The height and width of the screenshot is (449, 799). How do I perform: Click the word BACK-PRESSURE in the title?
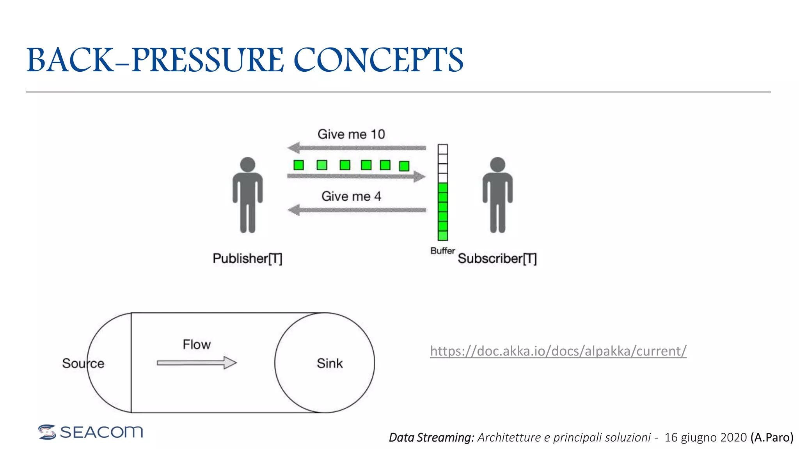(x=155, y=60)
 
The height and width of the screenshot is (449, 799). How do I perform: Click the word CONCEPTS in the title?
(x=378, y=60)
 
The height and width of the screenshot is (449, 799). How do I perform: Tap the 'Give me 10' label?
(x=351, y=134)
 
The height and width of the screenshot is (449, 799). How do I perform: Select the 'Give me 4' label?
(x=351, y=196)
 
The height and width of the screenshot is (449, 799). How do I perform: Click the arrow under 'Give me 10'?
(x=357, y=148)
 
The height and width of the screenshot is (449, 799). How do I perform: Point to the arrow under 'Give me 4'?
(x=357, y=210)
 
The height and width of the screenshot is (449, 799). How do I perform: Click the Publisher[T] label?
(x=247, y=258)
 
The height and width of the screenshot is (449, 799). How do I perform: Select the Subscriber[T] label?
(x=497, y=258)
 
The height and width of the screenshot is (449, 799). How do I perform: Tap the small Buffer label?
(x=442, y=251)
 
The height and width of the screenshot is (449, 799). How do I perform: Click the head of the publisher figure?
(x=248, y=164)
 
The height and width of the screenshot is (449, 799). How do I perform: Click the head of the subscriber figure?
(x=497, y=164)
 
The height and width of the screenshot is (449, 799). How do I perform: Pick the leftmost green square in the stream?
(x=299, y=165)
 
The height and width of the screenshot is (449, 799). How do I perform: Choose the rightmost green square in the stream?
(x=404, y=166)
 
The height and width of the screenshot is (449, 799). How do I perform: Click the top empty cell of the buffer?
(x=443, y=149)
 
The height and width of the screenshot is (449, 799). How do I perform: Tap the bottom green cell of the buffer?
(x=443, y=236)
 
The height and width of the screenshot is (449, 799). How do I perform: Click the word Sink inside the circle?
(x=330, y=363)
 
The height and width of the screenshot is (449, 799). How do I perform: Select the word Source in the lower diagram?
(x=83, y=363)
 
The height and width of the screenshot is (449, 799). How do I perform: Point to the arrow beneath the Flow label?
(x=197, y=363)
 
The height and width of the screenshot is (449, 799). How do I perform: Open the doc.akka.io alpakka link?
(x=558, y=351)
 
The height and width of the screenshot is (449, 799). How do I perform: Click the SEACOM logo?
(x=91, y=432)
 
